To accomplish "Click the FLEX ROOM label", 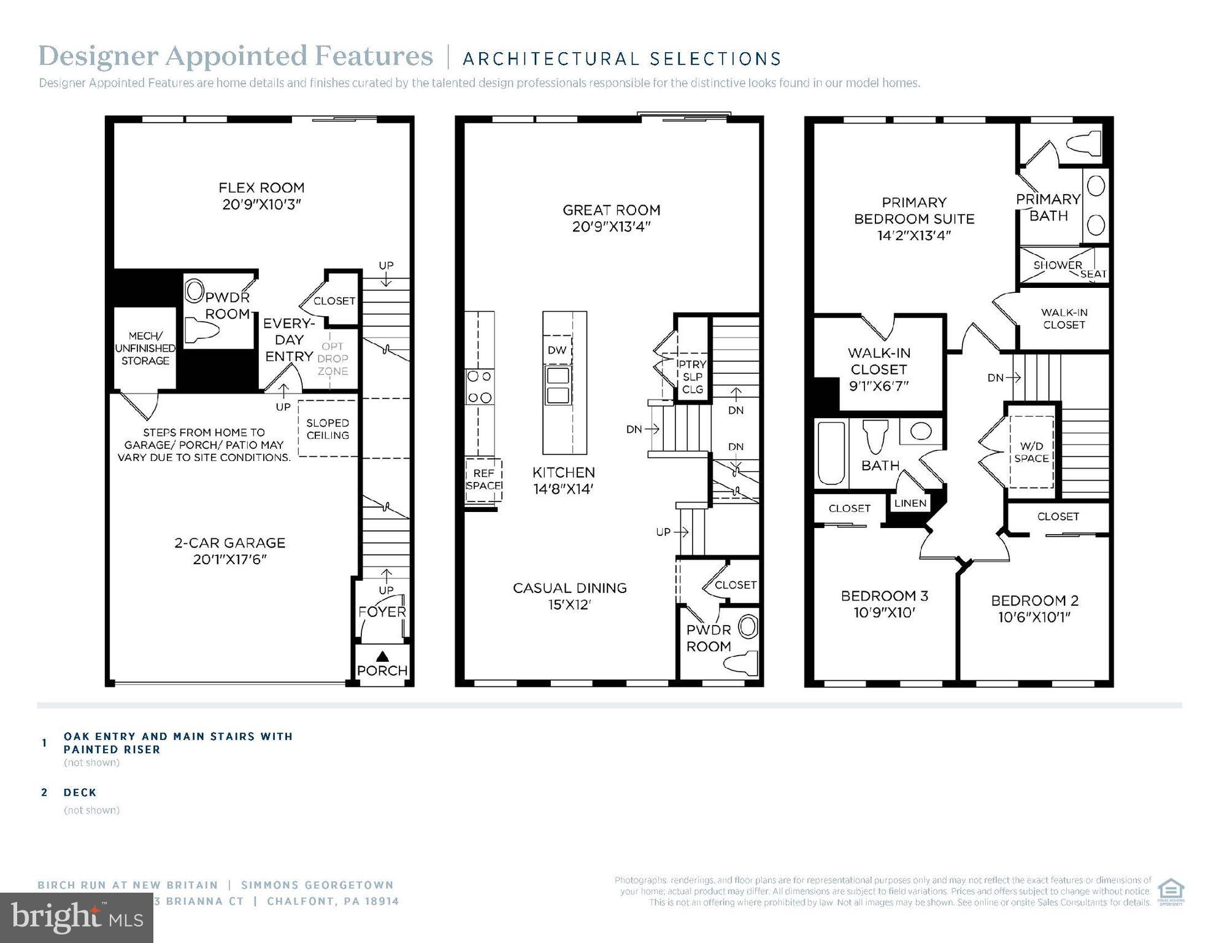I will point(261,188).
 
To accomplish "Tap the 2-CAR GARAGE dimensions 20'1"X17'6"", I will point(229,559).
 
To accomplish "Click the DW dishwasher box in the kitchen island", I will point(557,351).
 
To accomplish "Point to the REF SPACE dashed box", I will point(483,479).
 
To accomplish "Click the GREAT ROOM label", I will point(611,210).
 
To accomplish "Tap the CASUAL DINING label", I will point(569,588).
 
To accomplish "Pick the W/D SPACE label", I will point(1031,452).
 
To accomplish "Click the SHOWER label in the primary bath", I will point(1057,265).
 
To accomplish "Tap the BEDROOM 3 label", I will point(884,596).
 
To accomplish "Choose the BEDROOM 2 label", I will point(1034,600).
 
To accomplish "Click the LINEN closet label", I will point(910,503).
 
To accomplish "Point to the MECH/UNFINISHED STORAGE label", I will point(145,348).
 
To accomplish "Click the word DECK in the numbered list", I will point(80,793).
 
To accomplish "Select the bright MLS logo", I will point(77,918).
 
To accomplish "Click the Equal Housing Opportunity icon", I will point(1171,892).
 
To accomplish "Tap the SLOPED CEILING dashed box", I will point(328,429).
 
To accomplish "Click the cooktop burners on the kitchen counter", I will point(479,387).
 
